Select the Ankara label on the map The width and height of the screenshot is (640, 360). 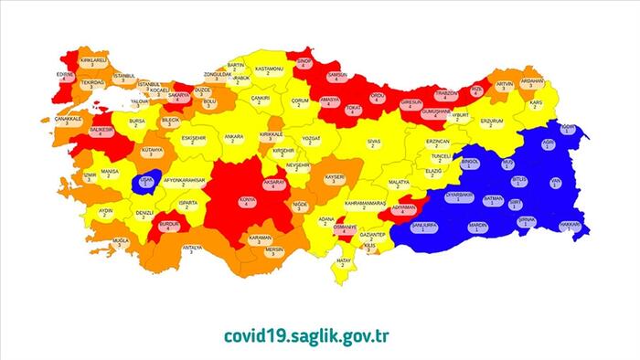(235, 138)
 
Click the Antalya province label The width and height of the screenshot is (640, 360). (191, 249)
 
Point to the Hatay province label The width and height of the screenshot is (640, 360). (343, 264)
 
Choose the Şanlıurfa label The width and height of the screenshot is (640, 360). (429, 225)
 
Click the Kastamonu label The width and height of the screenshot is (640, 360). (272, 70)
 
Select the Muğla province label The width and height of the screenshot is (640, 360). (121, 242)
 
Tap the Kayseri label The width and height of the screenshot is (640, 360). (333, 177)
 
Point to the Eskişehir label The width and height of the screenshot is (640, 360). (194, 139)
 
